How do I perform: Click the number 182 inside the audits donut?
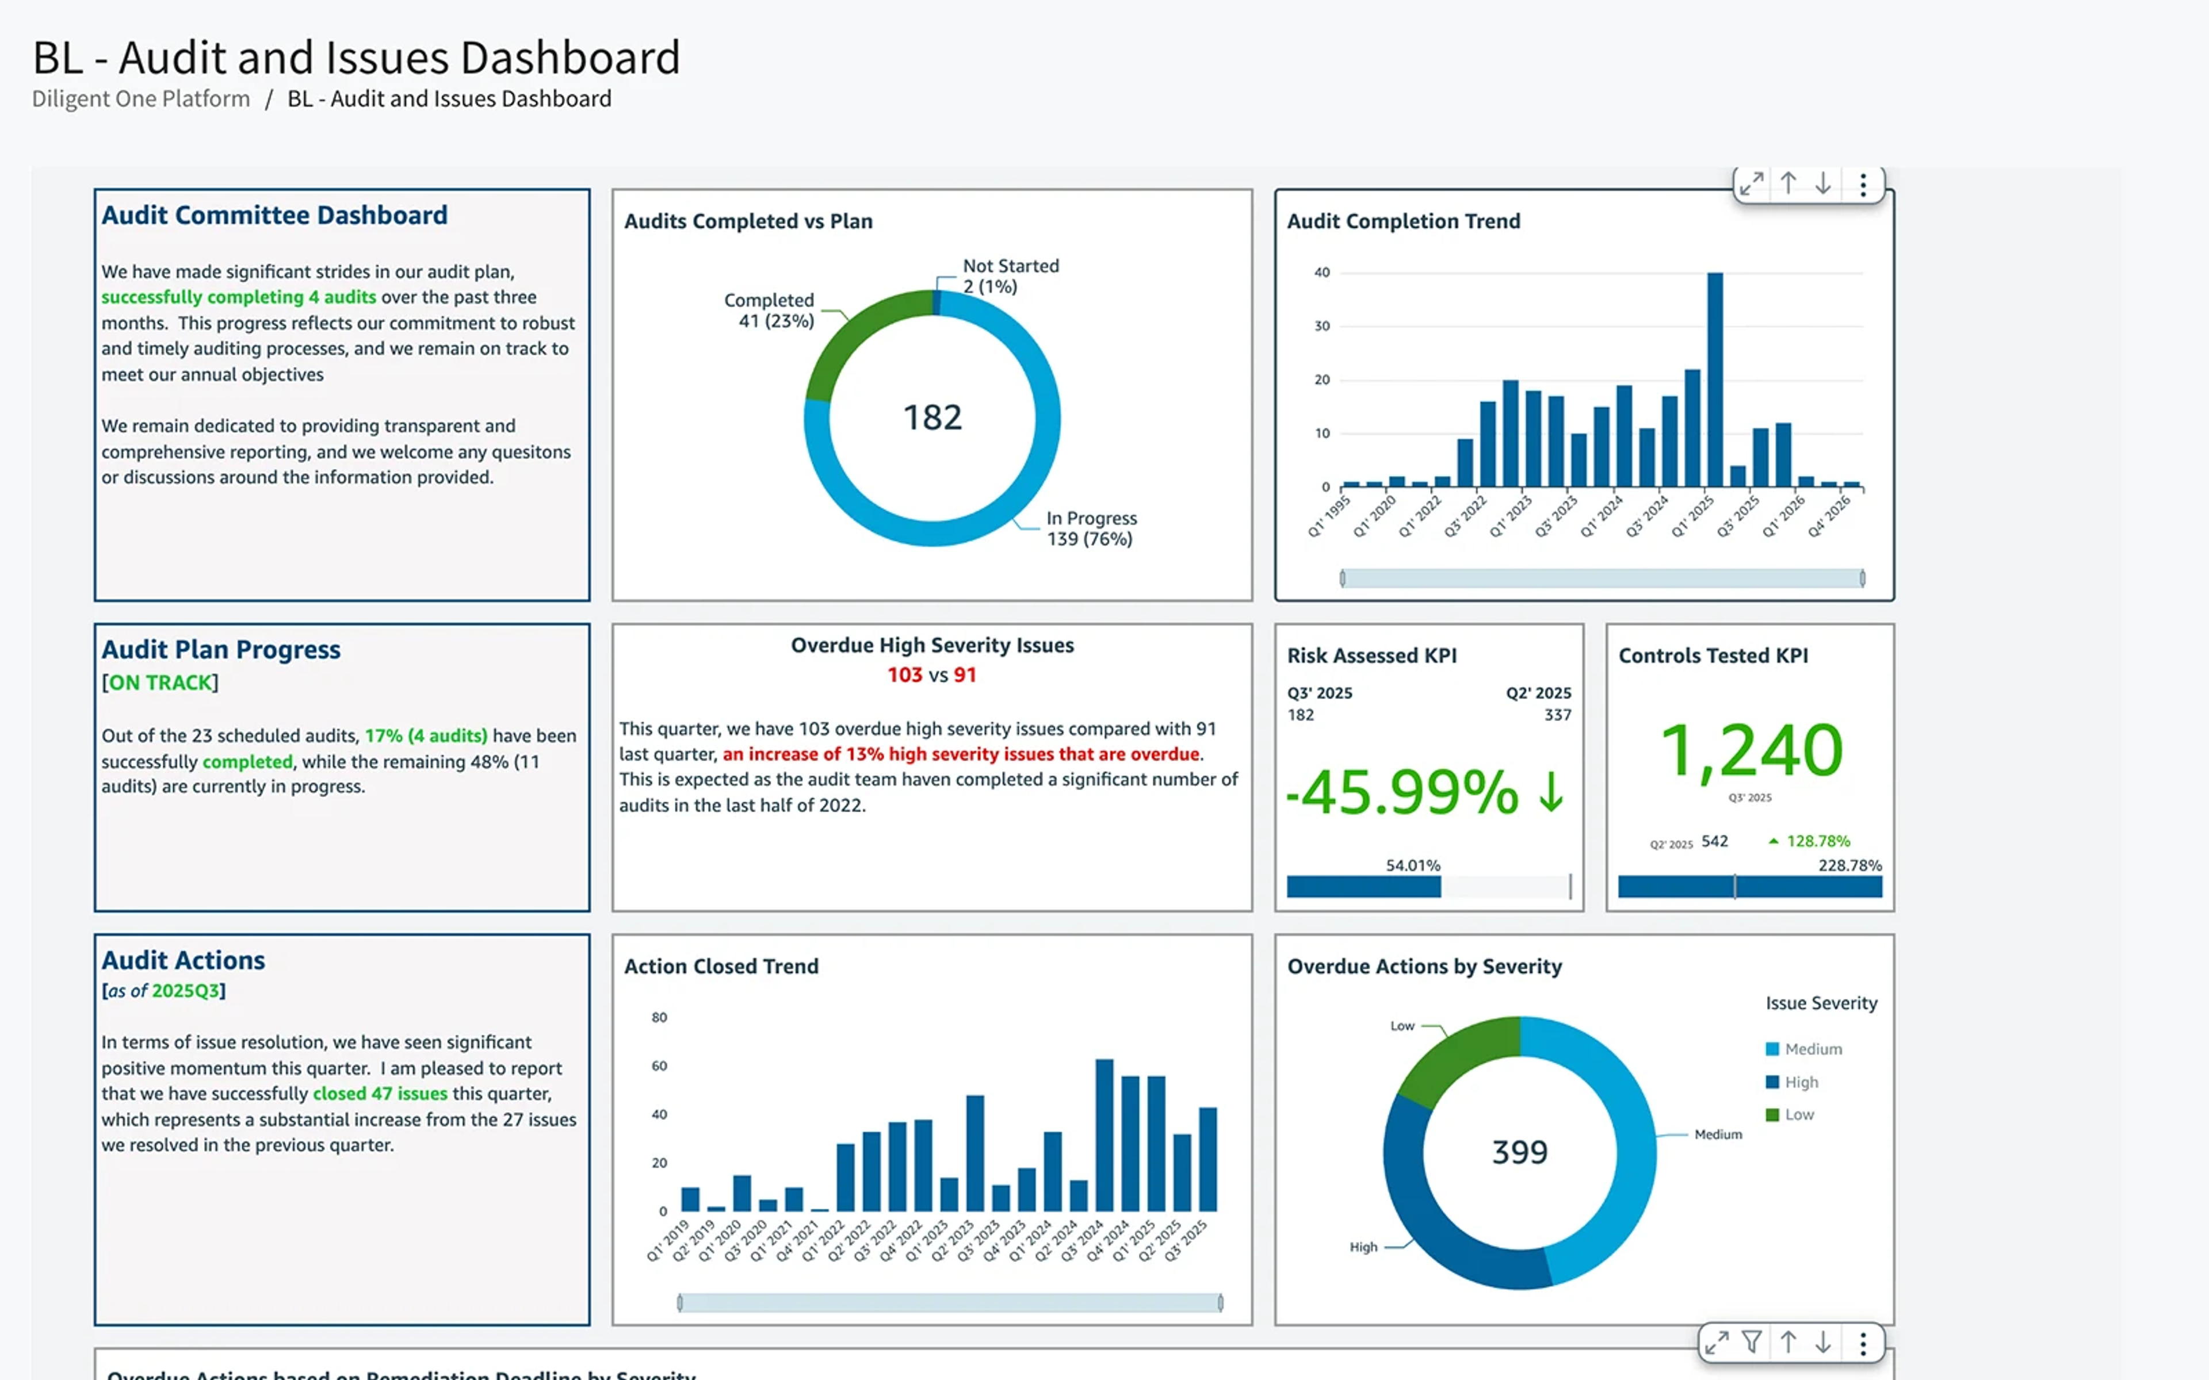932,418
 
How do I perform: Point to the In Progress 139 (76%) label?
1091,528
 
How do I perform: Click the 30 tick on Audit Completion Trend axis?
1322,326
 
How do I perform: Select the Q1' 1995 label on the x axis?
1329,516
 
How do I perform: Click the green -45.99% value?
1402,792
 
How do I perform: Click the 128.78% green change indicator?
1817,841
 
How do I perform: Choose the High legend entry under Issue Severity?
1800,1082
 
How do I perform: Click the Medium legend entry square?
1772,1049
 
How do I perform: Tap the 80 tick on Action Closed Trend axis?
659,1017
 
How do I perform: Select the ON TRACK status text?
160,683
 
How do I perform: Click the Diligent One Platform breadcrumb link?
140,98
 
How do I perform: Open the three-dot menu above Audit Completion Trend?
1862,185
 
